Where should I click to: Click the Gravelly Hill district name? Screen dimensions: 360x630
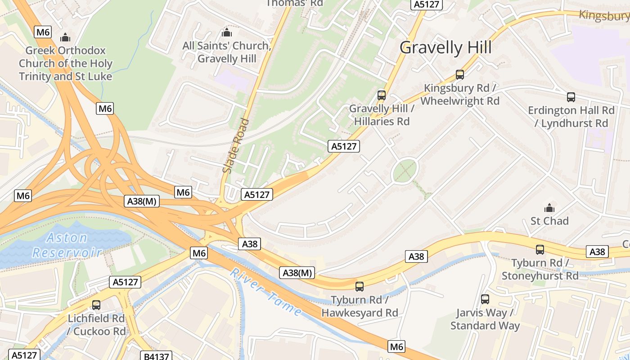pos(445,48)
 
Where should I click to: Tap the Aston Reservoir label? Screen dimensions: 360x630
pos(67,245)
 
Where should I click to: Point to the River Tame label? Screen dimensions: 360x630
pos(265,292)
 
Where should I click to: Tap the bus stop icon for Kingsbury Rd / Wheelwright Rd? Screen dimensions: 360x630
pos(459,75)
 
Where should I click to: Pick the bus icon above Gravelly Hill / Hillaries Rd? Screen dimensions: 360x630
pos(381,95)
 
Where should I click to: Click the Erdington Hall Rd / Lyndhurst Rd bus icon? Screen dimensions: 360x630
pos(571,97)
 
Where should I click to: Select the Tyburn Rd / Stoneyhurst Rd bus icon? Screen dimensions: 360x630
pos(540,249)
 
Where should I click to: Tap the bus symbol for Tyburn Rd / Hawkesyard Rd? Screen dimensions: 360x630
pos(359,286)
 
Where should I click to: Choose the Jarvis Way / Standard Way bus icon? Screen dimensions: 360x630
pos(485,299)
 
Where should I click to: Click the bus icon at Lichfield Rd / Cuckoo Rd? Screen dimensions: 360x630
pos(96,305)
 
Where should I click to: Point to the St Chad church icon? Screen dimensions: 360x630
pos(549,208)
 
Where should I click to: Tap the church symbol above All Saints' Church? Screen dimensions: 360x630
pos(226,32)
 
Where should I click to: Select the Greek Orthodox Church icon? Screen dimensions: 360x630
pos(65,37)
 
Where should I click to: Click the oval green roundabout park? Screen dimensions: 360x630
pos(405,171)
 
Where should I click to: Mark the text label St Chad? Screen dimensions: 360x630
pos(549,221)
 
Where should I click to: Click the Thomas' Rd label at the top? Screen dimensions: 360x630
pos(295,3)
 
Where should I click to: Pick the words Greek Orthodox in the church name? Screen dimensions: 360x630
pos(65,50)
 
